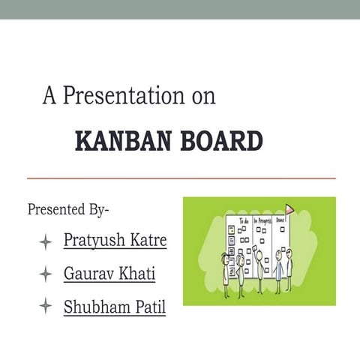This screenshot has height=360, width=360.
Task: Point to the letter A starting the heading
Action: coord(49,96)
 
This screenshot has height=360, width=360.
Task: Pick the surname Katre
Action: coord(148,241)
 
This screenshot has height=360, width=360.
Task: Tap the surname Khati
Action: coord(138,274)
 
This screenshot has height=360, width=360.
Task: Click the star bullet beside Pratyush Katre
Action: coord(46,241)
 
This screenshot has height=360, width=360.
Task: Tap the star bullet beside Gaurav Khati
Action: coord(46,274)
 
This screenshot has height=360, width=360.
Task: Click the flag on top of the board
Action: coord(289,208)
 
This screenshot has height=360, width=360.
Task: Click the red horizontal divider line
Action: coord(181,178)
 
